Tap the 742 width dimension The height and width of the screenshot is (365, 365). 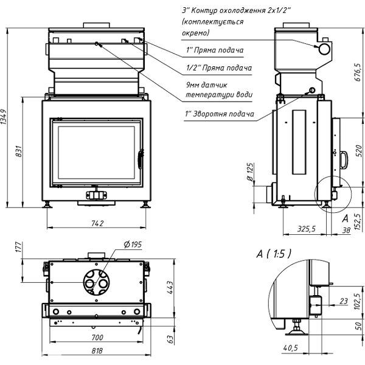(x=97, y=223)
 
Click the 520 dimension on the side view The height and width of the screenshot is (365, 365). (x=358, y=149)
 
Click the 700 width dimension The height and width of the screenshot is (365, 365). (x=97, y=337)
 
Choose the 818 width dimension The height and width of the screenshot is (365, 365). (x=97, y=351)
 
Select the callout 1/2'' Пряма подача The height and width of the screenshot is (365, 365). (x=218, y=68)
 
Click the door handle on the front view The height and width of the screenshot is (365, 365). (x=140, y=159)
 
